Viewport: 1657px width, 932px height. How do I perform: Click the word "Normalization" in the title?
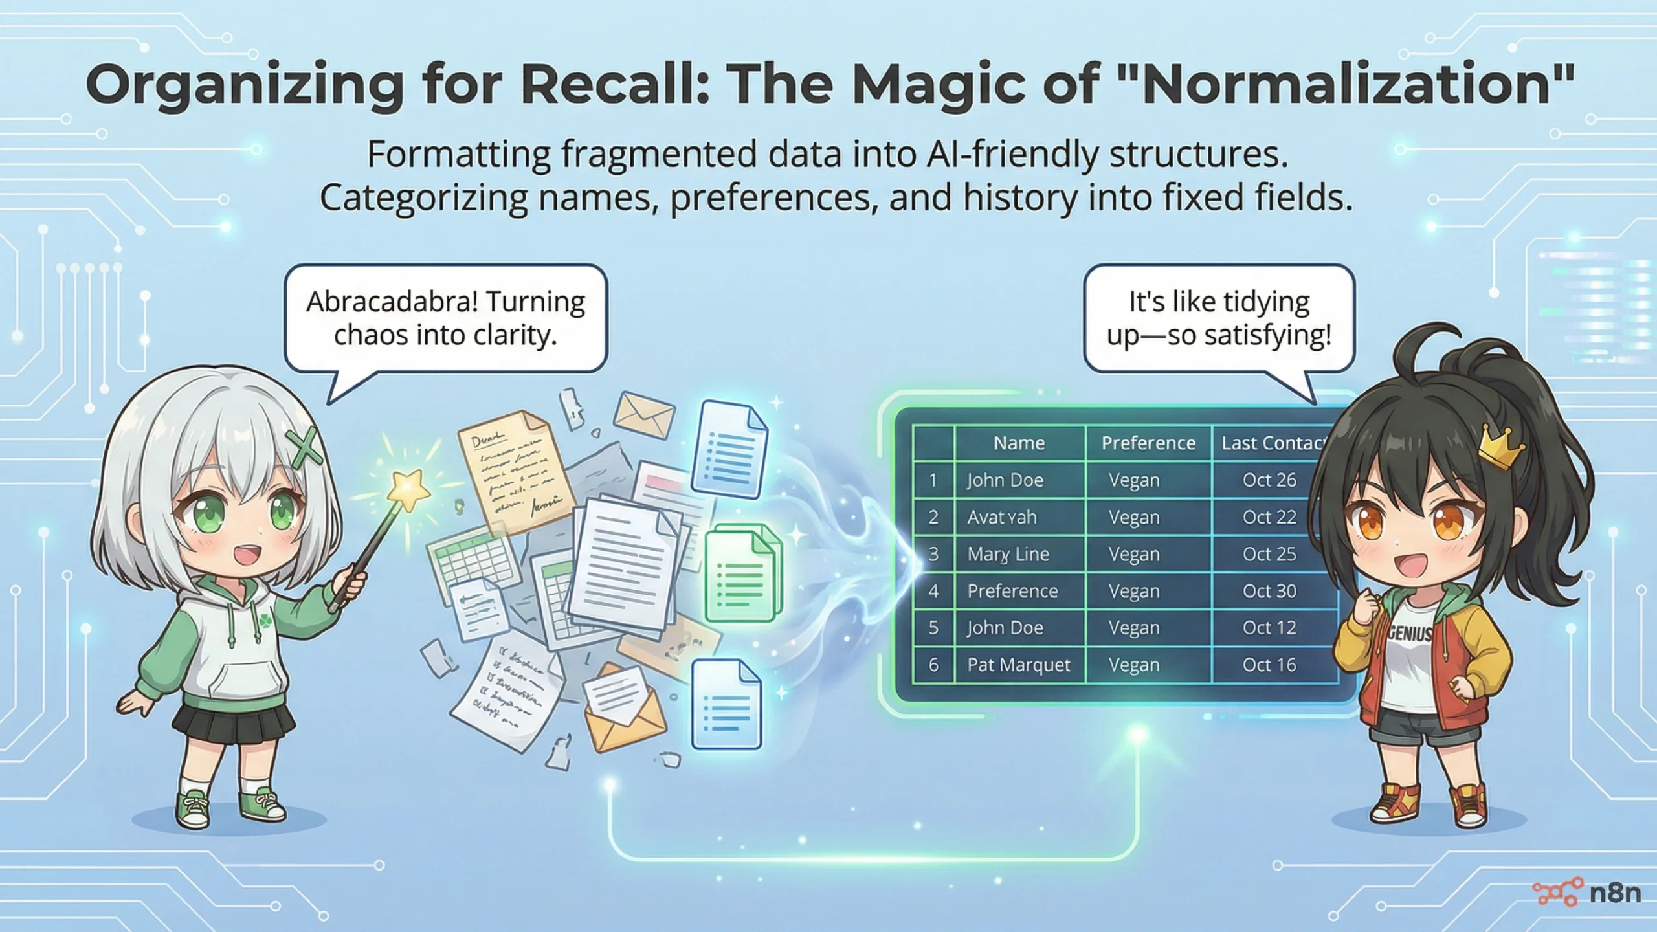(1346, 85)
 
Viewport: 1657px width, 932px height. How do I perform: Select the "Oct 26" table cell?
(1269, 480)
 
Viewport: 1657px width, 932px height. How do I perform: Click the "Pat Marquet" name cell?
(1019, 665)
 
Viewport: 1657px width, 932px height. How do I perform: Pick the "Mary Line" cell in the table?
(1008, 554)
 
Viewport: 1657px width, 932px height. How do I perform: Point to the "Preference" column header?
(1148, 443)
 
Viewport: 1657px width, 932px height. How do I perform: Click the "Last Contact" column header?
(1272, 443)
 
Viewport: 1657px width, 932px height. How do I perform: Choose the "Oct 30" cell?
(1269, 591)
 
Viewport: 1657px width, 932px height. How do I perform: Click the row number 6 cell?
(933, 665)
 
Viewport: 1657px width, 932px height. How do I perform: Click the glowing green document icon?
(742, 573)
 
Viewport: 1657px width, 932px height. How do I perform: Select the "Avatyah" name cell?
(1001, 517)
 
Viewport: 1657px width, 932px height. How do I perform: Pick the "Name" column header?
(1019, 443)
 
